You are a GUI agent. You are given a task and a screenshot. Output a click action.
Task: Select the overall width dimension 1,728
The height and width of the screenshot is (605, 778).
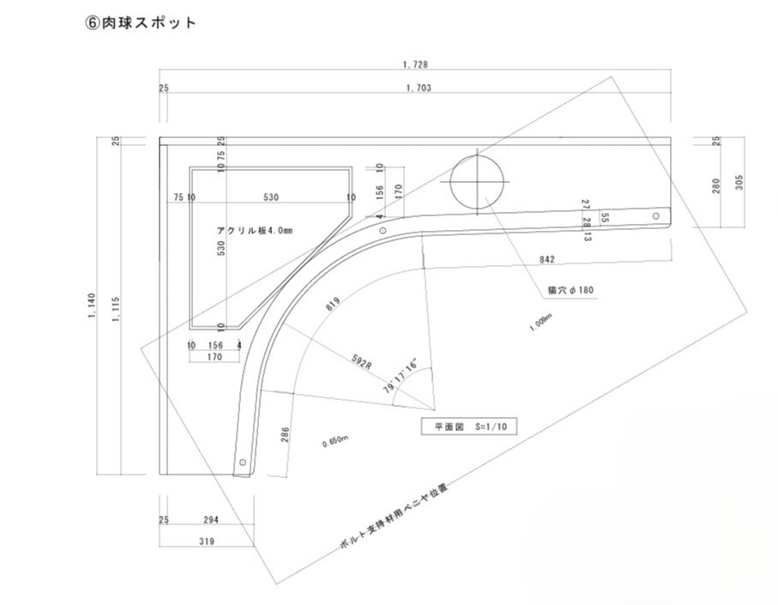pyautogui.click(x=415, y=64)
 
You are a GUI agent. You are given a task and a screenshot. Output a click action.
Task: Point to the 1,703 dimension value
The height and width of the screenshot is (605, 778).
pyautogui.click(x=417, y=88)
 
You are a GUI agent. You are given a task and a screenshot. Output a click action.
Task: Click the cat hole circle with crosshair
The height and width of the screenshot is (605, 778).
pyautogui.click(x=478, y=182)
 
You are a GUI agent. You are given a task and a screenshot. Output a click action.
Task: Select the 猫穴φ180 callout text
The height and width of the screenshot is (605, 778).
pyautogui.click(x=570, y=290)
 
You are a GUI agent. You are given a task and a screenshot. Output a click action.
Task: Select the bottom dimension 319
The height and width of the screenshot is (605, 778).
pyautogui.click(x=206, y=541)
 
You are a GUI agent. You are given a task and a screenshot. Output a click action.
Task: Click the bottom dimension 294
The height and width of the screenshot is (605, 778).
pyautogui.click(x=210, y=520)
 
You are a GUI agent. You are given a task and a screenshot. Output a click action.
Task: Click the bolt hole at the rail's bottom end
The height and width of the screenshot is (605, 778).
pyautogui.click(x=243, y=463)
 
